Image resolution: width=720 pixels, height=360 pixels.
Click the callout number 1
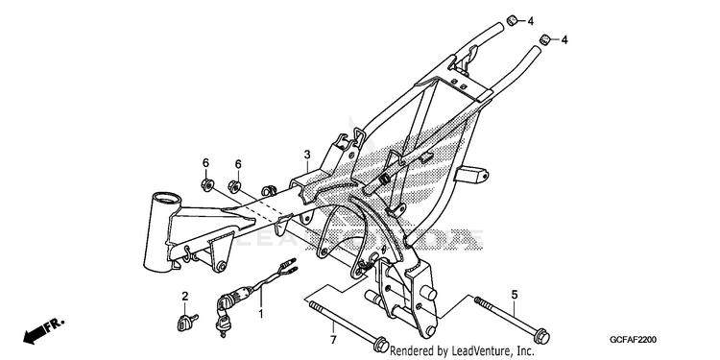point(261,315)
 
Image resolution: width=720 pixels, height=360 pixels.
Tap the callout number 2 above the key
point(185,297)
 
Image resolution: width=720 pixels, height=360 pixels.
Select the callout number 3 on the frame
point(307,155)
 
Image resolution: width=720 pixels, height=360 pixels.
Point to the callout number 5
point(515,295)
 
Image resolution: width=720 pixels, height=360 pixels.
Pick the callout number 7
point(333,340)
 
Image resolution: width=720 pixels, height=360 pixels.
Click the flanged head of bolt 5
point(542,336)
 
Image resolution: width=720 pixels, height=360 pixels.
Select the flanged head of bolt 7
point(381,345)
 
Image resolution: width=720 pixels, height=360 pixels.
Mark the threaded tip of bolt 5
point(477,300)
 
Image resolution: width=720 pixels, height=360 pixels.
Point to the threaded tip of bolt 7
point(313,304)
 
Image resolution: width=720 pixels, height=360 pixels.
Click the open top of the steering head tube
point(167,199)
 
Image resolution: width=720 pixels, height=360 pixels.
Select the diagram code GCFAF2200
point(633,340)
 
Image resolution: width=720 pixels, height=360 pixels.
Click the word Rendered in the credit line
point(413,351)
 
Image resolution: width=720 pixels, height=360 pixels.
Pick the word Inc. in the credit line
point(524,351)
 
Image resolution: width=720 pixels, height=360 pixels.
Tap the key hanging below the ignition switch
point(223,324)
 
